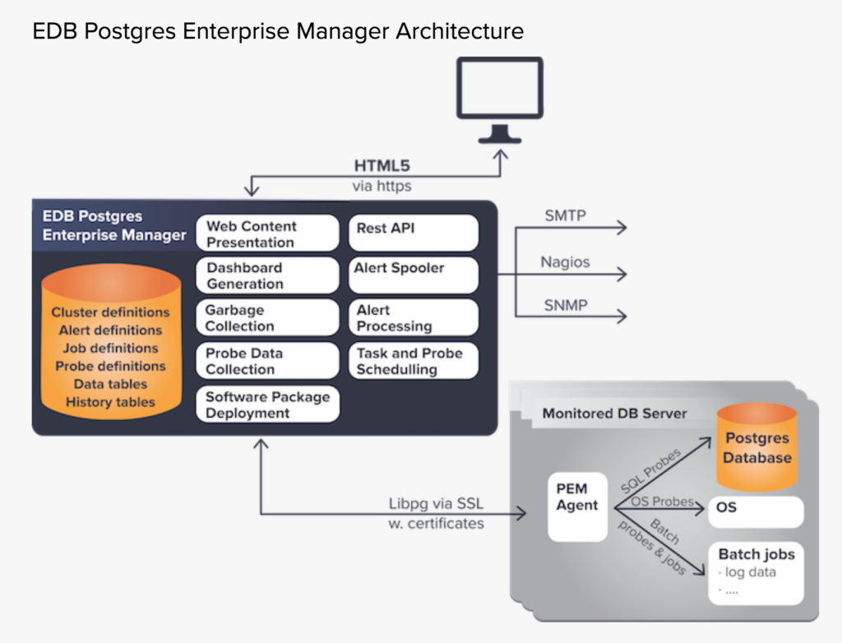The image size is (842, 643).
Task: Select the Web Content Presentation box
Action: point(267,234)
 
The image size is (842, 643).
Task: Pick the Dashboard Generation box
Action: point(267,275)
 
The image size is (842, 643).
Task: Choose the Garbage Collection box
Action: point(267,318)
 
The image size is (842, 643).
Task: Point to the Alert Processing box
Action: point(414,318)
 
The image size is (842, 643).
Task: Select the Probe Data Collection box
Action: point(267,361)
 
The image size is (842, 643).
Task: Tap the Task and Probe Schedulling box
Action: point(414,361)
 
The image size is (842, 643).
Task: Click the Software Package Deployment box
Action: point(267,405)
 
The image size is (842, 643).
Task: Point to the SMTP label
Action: point(566,216)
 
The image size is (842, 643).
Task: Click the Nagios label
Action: point(565,262)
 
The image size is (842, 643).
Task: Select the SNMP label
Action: point(566,305)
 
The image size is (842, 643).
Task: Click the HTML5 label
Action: point(382,166)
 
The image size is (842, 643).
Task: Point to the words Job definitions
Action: point(110,348)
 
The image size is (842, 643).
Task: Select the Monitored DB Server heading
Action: point(614,414)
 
